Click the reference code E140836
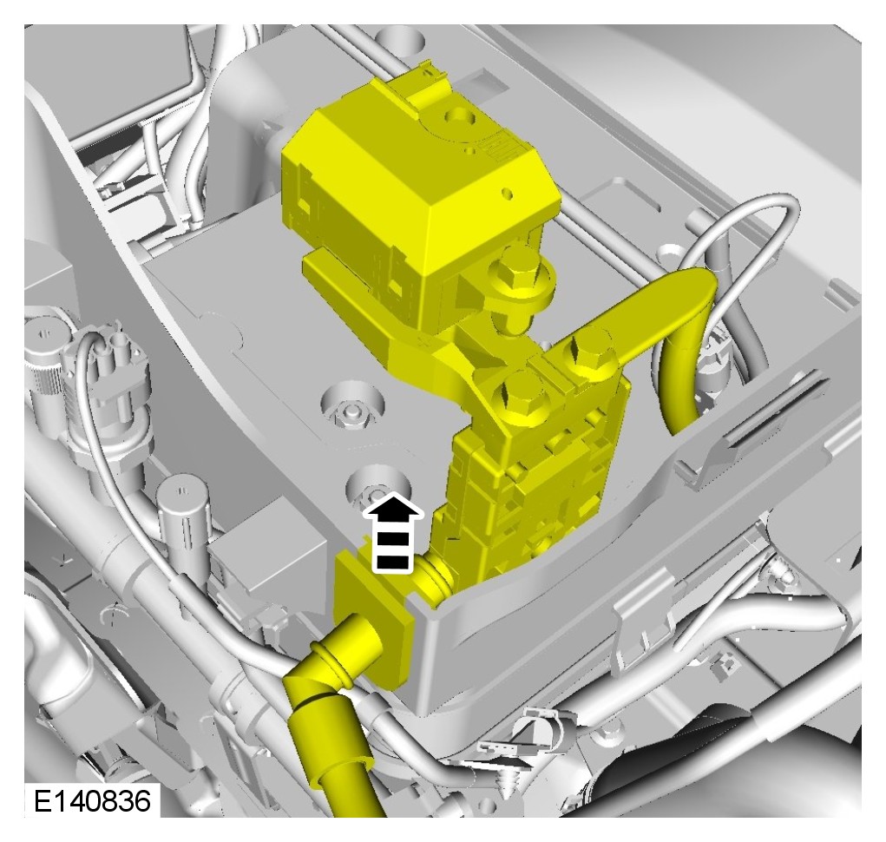[x=93, y=801]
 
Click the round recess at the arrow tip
[x=377, y=486]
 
